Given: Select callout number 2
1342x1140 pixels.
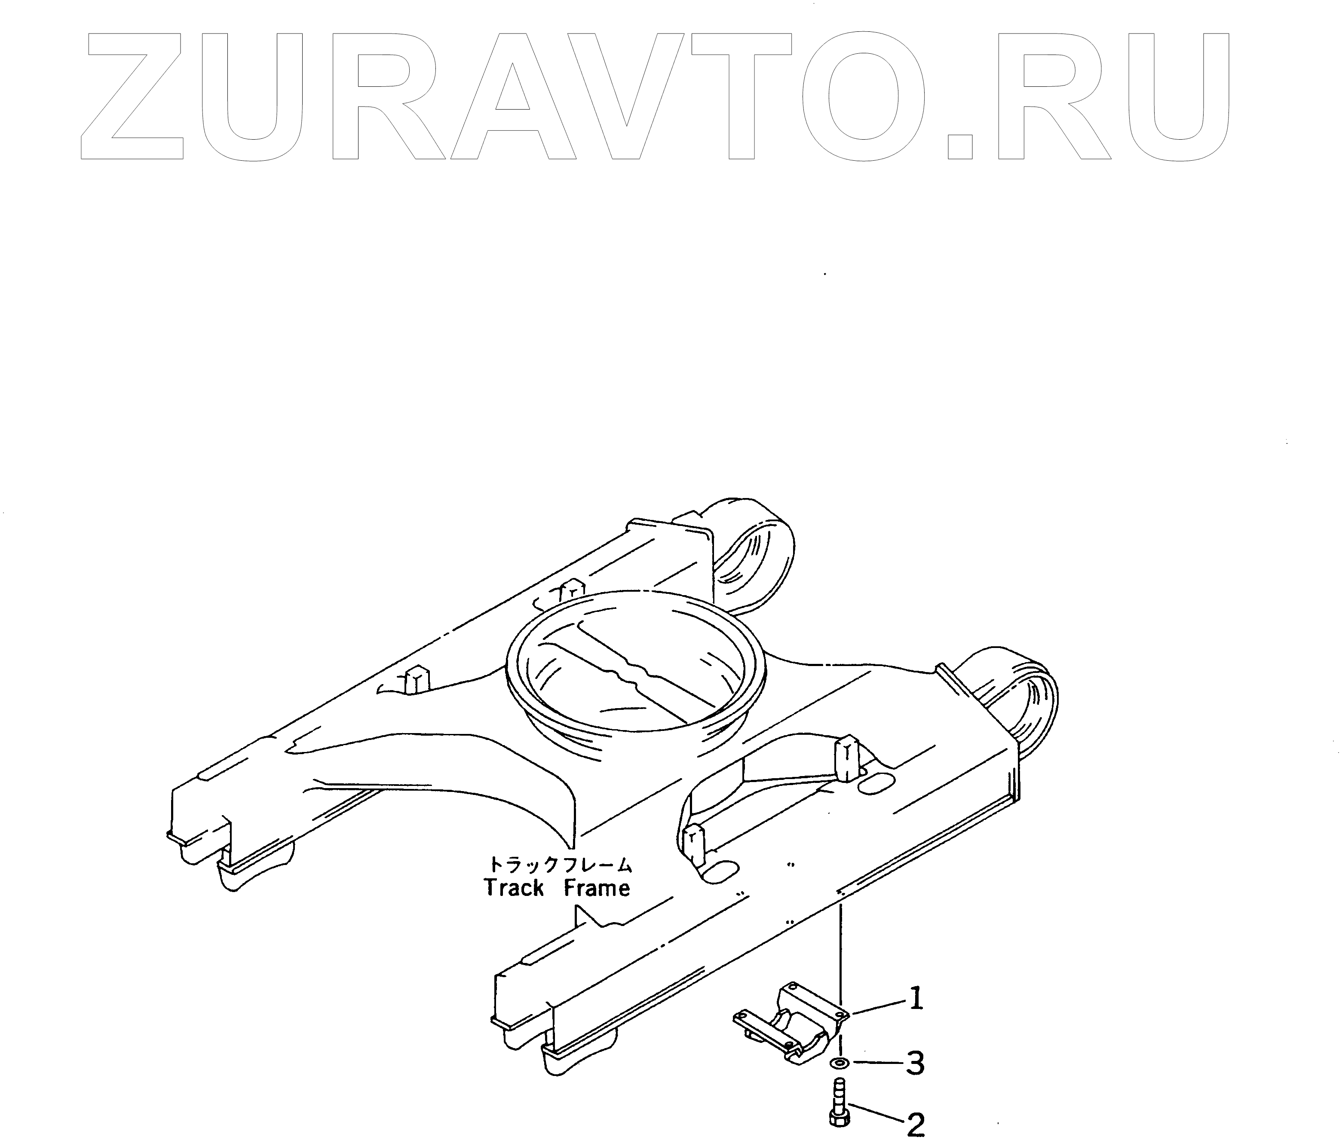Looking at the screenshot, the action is coord(915,1125).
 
